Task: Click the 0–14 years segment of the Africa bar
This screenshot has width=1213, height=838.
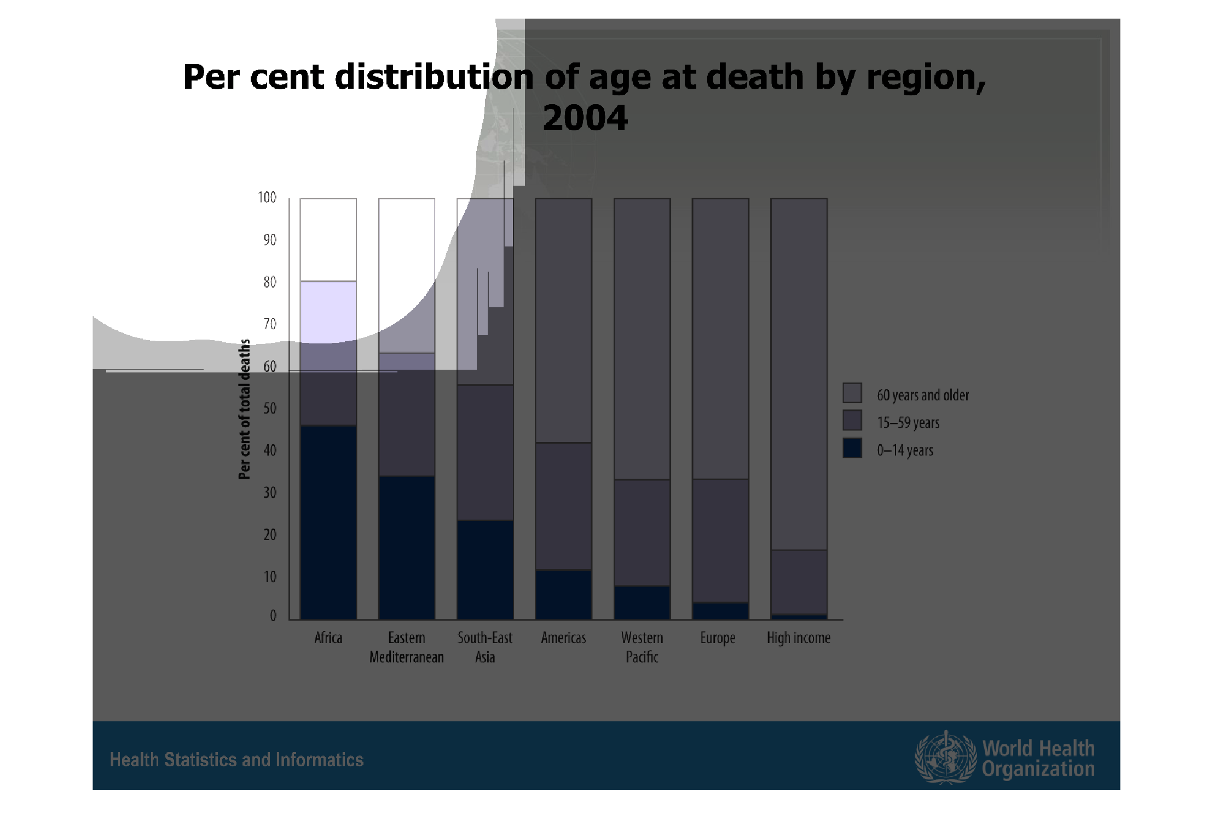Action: pyautogui.click(x=328, y=522)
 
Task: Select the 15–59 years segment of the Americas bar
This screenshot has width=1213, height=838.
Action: pyautogui.click(x=563, y=506)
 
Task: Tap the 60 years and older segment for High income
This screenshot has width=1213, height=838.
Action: pyautogui.click(x=799, y=374)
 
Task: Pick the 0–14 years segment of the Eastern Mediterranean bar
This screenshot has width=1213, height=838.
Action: pyautogui.click(x=407, y=548)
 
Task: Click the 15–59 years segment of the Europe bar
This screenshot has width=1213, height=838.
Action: pyautogui.click(x=720, y=541)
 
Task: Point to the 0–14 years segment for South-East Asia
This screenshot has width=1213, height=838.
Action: pyautogui.click(x=485, y=570)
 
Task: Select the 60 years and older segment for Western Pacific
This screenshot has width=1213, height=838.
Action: pyautogui.click(x=642, y=338)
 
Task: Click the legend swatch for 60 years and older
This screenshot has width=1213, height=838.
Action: pyautogui.click(x=852, y=393)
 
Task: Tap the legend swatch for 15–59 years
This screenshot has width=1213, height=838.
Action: pyautogui.click(x=852, y=421)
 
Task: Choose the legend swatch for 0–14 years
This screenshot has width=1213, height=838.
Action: pyautogui.click(x=852, y=448)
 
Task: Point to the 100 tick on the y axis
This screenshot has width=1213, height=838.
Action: pyautogui.click(x=267, y=198)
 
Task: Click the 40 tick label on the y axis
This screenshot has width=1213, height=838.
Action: pyautogui.click(x=270, y=451)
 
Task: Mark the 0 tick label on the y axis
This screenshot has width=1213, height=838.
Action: pyautogui.click(x=273, y=616)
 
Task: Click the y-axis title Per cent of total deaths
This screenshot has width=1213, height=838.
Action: pyautogui.click(x=245, y=409)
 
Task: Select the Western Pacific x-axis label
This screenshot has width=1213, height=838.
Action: pyautogui.click(x=642, y=647)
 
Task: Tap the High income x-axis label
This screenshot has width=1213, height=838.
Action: pyautogui.click(x=798, y=638)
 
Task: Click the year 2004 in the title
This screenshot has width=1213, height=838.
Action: pyautogui.click(x=585, y=118)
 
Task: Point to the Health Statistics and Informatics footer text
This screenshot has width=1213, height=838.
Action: pyautogui.click(x=236, y=760)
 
